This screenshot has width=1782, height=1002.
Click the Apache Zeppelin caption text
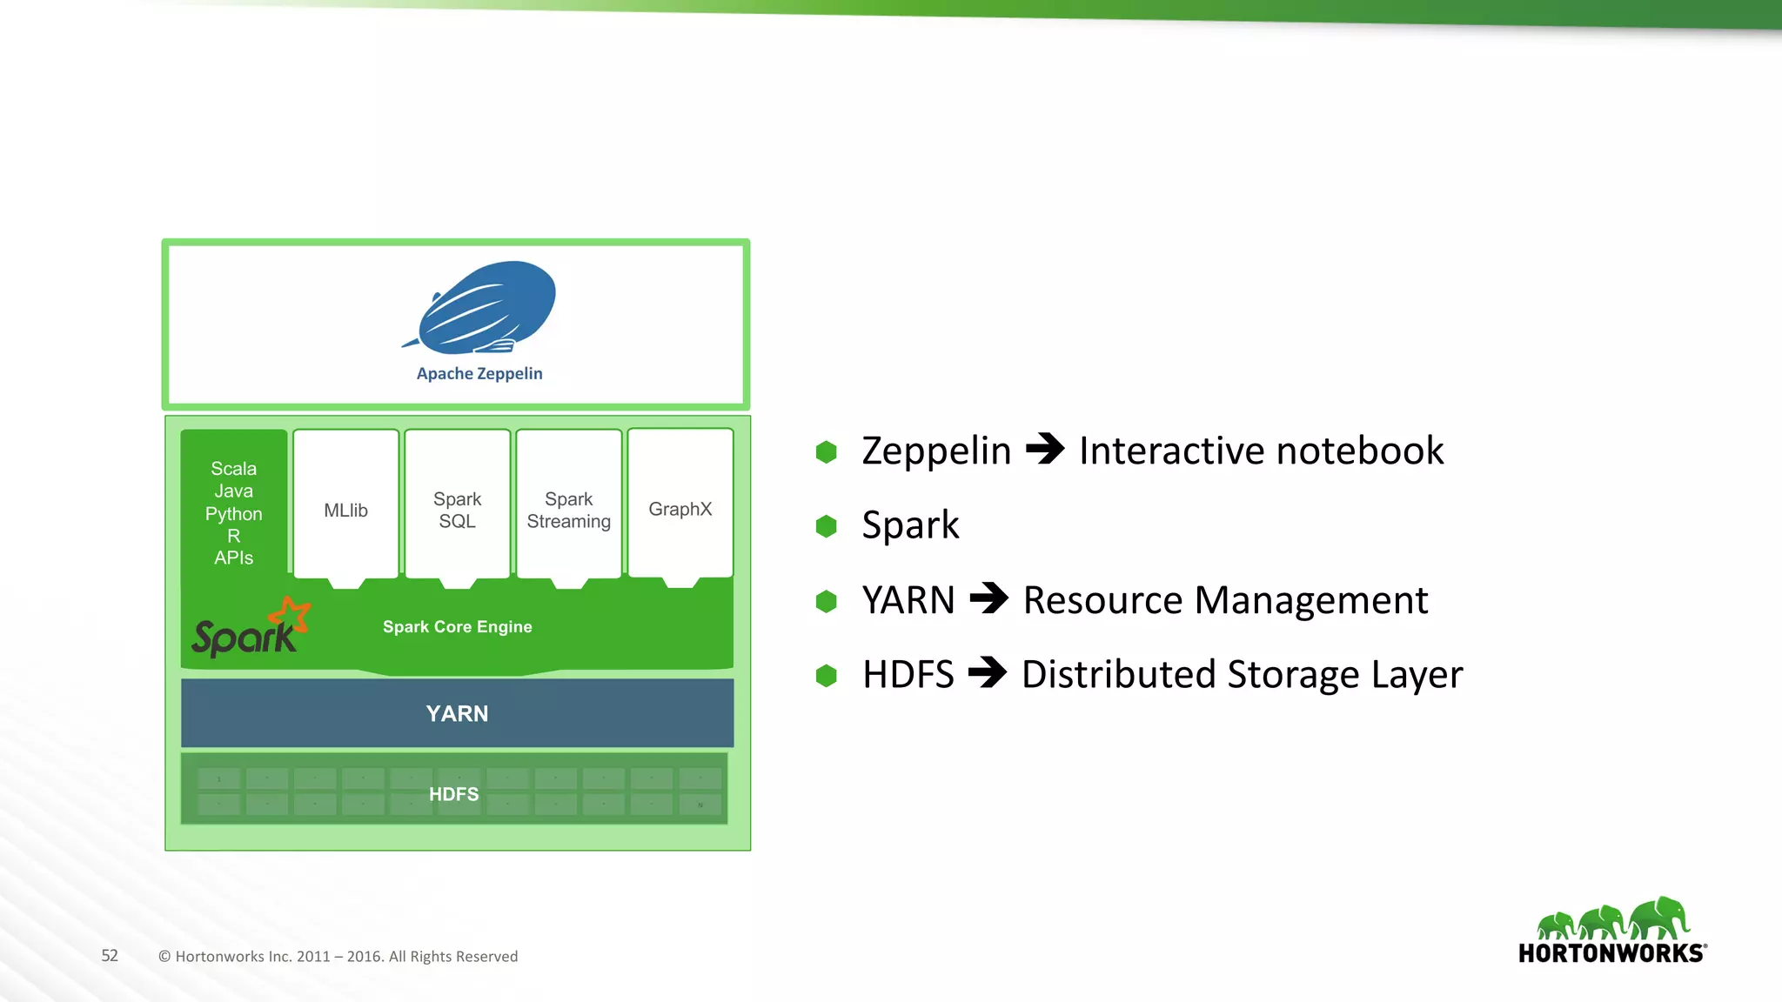479,374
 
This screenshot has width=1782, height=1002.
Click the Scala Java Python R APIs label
234,513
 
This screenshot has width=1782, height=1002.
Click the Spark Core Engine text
458,627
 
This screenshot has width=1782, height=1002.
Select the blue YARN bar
458,713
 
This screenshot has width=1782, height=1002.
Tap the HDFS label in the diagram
454,794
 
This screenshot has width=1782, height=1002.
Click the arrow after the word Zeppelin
1045,450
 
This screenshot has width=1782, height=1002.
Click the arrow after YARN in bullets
988,598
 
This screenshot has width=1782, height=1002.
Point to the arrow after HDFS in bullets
987,672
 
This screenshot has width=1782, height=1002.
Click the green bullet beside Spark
827,526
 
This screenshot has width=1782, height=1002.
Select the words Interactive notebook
1261,451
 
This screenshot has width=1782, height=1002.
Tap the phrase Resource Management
1225,600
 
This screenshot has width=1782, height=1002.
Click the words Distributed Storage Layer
1242,675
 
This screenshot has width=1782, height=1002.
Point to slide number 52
110,956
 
